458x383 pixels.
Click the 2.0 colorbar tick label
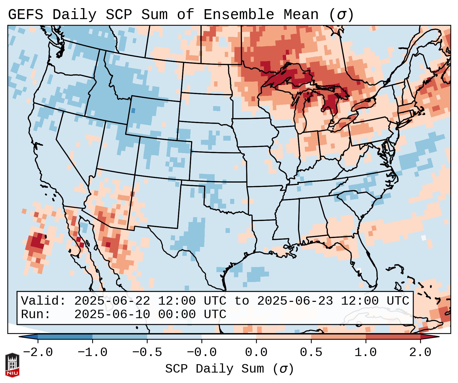[x=420, y=352]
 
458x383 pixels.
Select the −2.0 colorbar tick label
[x=38, y=352]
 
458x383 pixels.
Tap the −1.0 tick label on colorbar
[x=92, y=352]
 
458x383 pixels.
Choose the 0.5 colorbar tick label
[x=311, y=352]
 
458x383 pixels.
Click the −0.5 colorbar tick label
[x=147, y=352]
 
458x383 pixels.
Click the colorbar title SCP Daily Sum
[x=229, y=369]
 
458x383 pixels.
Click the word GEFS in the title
[x=25, y=14]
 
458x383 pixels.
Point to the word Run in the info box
[x=36, y=314]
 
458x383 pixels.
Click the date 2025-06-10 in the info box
[x=112, y=314]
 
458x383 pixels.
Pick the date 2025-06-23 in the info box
[x=295, y=301]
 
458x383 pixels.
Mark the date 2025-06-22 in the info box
[x=112, y=301]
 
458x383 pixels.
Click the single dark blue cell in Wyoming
[x=133, y=111]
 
